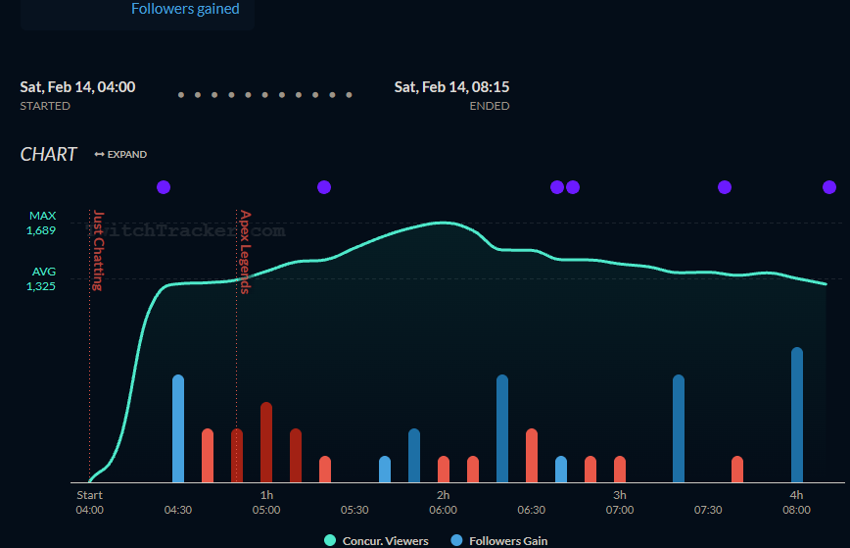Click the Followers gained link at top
tap(185, 9)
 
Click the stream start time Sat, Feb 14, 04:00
tap(77, 87)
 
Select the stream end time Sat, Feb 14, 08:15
tap(451, 87)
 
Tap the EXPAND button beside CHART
tap(120, 154)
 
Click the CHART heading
tap(48, 154)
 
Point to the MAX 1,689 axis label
tap(42, 223)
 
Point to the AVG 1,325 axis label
tap(42, 278)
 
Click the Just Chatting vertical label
tap(98, 251)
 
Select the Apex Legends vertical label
tap(245, 252)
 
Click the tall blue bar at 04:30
tap(178, 428)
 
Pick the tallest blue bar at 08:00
tap(797, 415)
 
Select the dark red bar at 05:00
tap(266, 442)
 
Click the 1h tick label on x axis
tap(266, 495)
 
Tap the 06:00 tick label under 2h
tap(443, 510)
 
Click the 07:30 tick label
tap(708, 510)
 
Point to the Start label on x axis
tap(89, 495)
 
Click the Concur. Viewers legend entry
tap(380, 540)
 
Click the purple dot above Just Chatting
tap(164, 187)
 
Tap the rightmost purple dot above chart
tap(829, 187)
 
